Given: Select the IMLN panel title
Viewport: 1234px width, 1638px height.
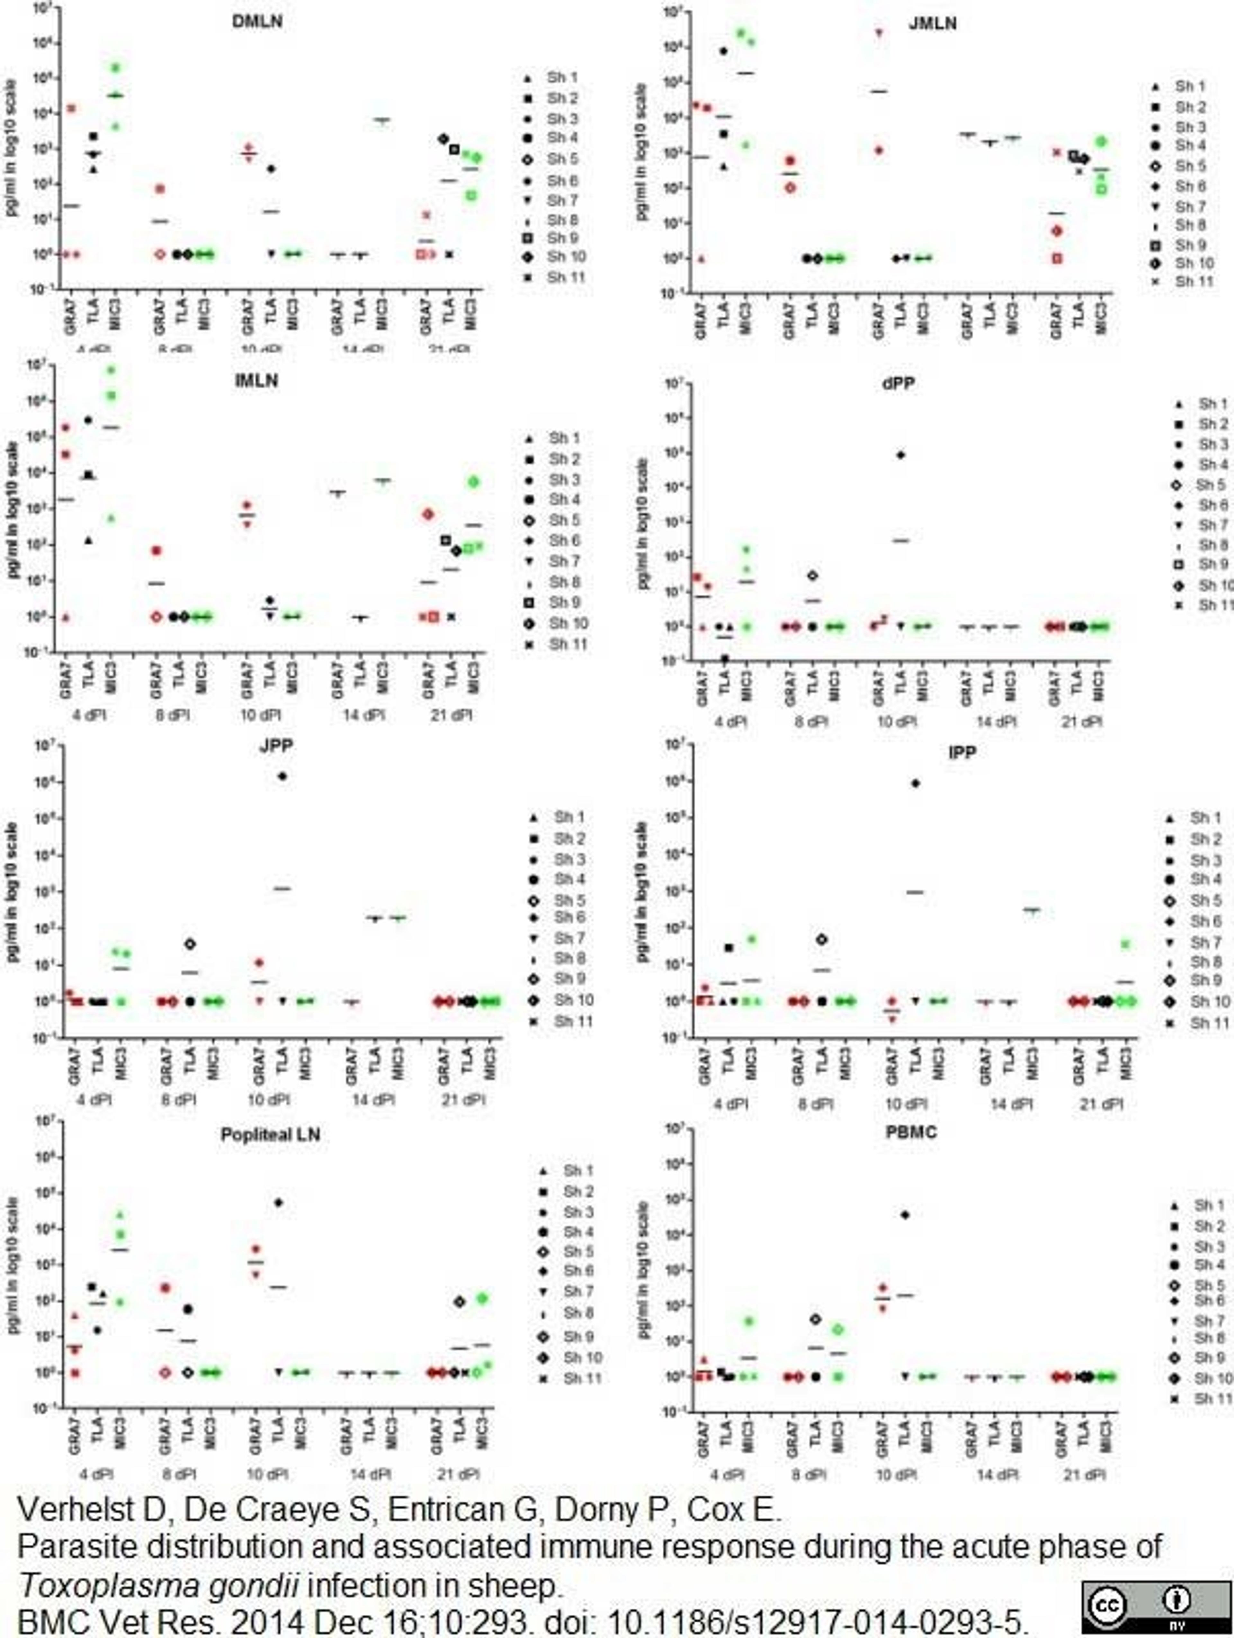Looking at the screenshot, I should [x=256, y=381].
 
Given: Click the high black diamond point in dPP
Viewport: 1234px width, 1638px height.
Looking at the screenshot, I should [x=900, y=455].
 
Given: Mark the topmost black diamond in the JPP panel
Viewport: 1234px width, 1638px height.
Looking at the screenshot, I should [x=282, y=776].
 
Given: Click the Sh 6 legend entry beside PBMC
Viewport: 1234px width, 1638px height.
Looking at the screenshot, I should [x=1201, y=1300].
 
